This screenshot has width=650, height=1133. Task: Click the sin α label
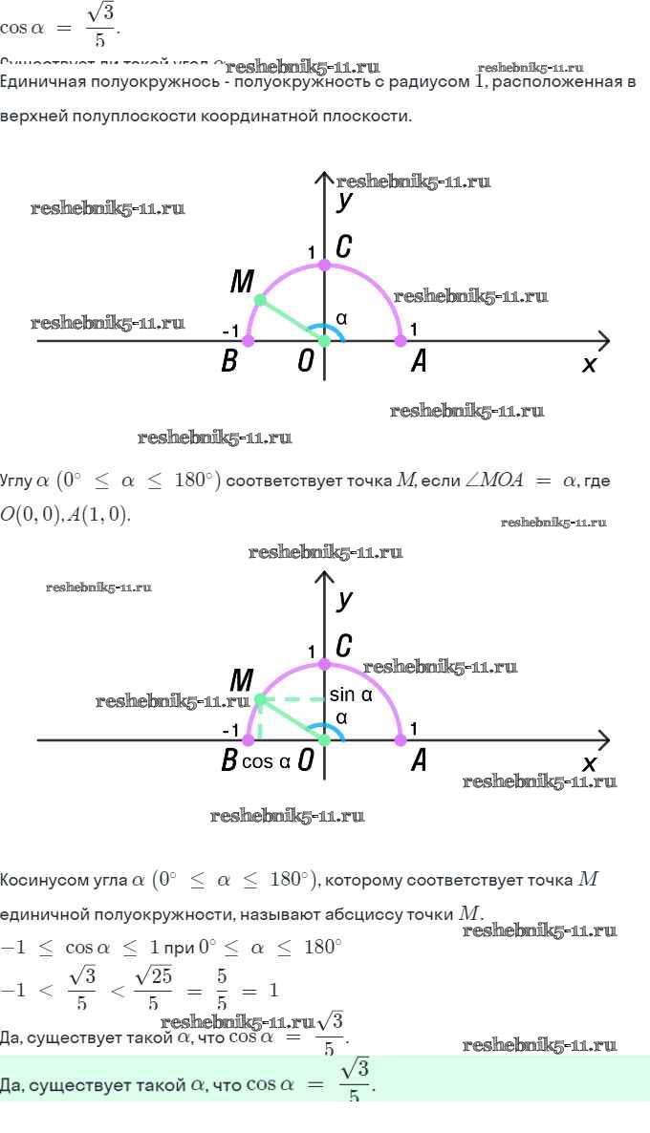[350, 695]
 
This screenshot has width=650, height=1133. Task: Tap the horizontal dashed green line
[292, 699]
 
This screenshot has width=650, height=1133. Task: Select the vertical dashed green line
[259, 721]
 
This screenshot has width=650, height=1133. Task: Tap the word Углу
[16, 481]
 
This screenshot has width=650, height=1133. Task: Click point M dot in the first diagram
[260, 300]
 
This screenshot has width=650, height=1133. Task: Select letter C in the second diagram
[344, 647]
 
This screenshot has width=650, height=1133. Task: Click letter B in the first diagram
[228, 362]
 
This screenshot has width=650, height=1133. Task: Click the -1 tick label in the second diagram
[229, 730]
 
